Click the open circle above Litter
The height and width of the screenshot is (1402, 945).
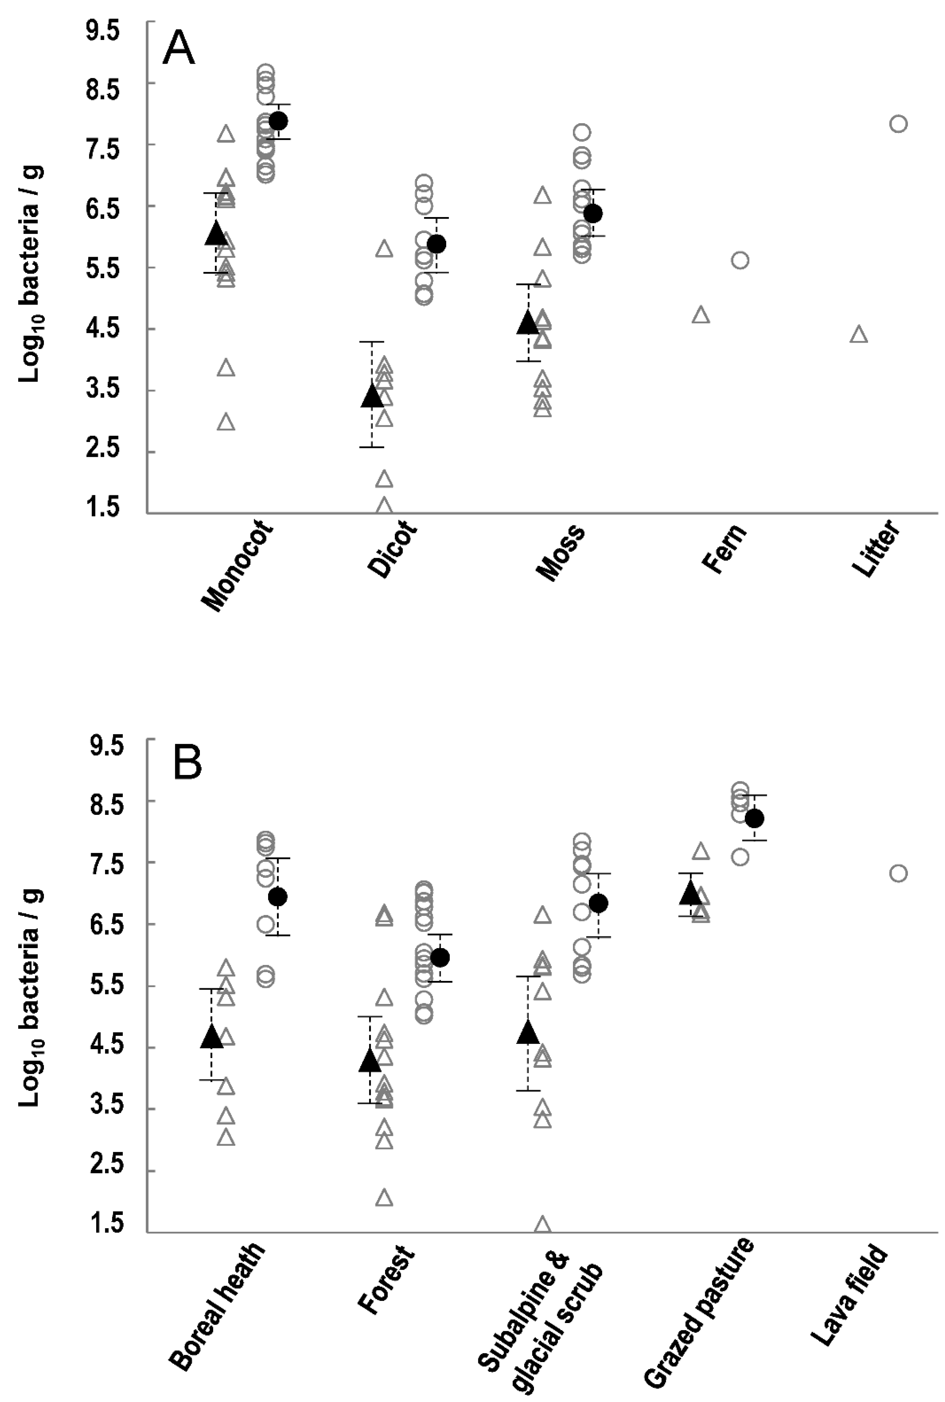click(898, 123)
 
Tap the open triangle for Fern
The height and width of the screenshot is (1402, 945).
click(700, 315)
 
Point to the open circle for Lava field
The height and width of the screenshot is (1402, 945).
click(898, 873)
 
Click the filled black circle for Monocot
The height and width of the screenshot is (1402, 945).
click(278, 121)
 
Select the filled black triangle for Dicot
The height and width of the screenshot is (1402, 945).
click(372, 396)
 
